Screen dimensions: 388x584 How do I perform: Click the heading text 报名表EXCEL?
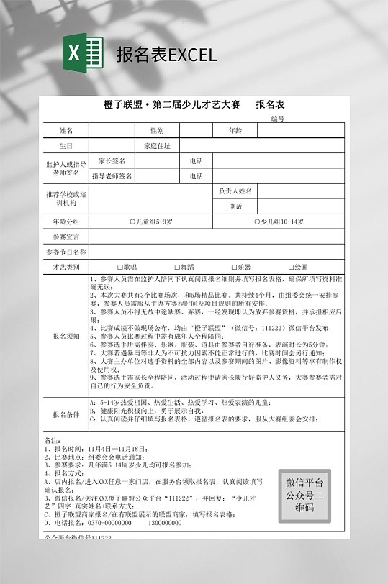(166, 55)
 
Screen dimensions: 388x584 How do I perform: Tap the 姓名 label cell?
(66, 131)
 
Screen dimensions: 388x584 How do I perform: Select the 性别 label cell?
(157, 131)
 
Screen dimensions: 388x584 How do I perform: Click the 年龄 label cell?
(235, 131)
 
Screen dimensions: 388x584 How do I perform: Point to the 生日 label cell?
(66, 146)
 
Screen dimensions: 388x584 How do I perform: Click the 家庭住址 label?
(157, 146)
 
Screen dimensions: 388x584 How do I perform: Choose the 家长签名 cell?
(112, 161)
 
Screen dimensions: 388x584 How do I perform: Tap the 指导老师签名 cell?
(112, 176)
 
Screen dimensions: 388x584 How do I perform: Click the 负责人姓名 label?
(235, 191)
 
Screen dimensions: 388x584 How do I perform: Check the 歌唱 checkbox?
(121, 267)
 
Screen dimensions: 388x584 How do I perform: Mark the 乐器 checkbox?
(234, 267)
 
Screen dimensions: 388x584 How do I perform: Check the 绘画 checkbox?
(292, 267)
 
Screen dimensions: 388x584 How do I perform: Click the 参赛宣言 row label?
(66, 237)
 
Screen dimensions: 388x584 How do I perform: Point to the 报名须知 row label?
(66, 336)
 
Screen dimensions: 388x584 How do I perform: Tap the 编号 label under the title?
(278, 119)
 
